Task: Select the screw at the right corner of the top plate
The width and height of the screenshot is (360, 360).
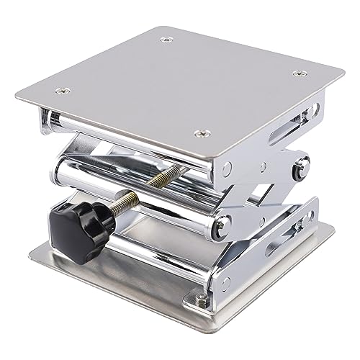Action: point(295,73)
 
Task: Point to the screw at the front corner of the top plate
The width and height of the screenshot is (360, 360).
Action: point(200,132)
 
